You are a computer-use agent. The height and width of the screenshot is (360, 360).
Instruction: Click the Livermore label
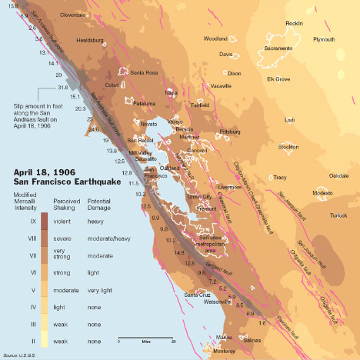(229, 187)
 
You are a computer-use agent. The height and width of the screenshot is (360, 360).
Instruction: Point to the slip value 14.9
(179, 252)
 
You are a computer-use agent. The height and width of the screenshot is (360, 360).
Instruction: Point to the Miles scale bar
(145, 341)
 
